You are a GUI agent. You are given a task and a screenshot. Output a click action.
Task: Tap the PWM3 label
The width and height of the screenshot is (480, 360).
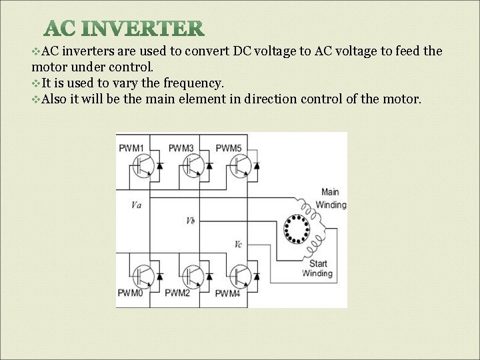coord(181,147)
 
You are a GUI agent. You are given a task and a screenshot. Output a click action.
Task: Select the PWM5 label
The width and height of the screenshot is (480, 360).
coord(228,147)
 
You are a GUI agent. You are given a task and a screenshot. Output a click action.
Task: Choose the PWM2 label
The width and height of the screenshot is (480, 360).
coord(178,293)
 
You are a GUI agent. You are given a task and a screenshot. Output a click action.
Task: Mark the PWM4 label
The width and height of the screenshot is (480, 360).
coord(227,293)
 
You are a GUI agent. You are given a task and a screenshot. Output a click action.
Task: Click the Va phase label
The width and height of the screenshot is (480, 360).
coord(137,205)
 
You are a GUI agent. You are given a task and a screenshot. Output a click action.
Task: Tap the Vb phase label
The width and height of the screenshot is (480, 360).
coord(191,220)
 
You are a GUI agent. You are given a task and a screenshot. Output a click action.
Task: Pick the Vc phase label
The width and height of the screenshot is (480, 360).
coord(238,244)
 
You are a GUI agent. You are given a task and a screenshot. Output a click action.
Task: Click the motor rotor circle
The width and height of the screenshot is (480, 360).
coord(296,229)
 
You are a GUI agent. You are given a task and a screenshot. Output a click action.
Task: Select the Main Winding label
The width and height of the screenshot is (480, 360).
coord(331,199)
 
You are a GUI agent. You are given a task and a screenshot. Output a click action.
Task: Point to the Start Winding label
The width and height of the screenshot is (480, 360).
coord(317,269)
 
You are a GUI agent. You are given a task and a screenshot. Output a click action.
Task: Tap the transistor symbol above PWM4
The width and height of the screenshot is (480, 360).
coord(240,274)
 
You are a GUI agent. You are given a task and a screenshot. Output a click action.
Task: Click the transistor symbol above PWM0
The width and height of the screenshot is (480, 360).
coord(141,274)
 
